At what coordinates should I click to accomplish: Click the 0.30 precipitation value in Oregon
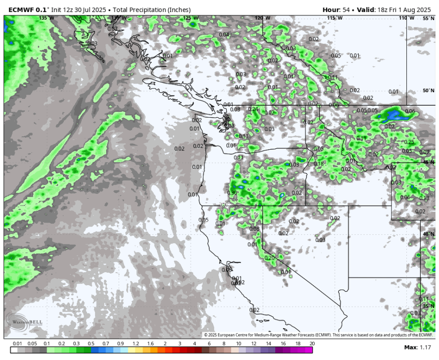232,192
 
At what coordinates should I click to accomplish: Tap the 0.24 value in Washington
253,109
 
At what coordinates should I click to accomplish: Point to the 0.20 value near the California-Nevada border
269,258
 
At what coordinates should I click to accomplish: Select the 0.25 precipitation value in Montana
409,142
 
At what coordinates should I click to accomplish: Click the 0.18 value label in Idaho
318,164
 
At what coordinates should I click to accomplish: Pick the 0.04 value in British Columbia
224,35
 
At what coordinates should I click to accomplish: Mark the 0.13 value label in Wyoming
424,198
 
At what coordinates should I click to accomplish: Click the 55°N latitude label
428,18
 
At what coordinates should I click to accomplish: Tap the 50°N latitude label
428,91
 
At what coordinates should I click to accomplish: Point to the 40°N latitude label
428,234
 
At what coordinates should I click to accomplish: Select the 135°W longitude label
47,18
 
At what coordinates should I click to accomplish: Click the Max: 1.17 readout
419,347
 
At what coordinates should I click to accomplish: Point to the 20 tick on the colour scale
312,344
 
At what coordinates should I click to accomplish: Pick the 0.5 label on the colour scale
91,344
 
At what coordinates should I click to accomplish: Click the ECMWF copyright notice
318,335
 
